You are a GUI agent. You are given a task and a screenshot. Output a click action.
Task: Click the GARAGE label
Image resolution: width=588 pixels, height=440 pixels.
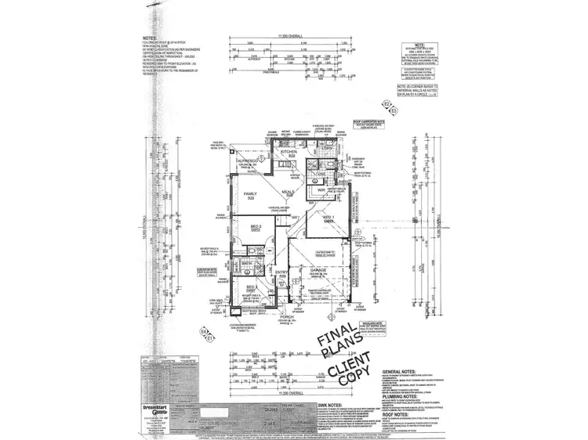(x=318, y=269)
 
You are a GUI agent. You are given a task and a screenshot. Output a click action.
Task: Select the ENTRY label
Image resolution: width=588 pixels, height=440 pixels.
(x=281, y=272)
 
